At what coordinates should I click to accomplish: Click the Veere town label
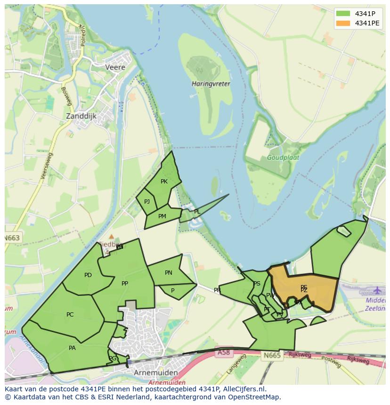(x=115, y=67)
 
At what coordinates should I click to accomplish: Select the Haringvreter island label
(x=211, y=84)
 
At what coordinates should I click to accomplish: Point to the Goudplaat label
(x=283, y=158)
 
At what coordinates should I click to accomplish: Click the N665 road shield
(x=272, y=355)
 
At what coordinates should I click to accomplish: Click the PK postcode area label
(x=164, y=182)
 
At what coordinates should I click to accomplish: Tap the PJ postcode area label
(x=147, y=202)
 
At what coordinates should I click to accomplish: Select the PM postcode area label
(x=162, y=216)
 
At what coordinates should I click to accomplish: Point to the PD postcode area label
(x=88, y=275)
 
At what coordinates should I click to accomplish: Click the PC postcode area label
(x=70, y=315)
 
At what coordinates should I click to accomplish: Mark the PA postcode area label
(x=72, y=348)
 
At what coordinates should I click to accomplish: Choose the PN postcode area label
(x=169, y=273)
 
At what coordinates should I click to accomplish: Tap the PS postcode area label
(x=257, y=284)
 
